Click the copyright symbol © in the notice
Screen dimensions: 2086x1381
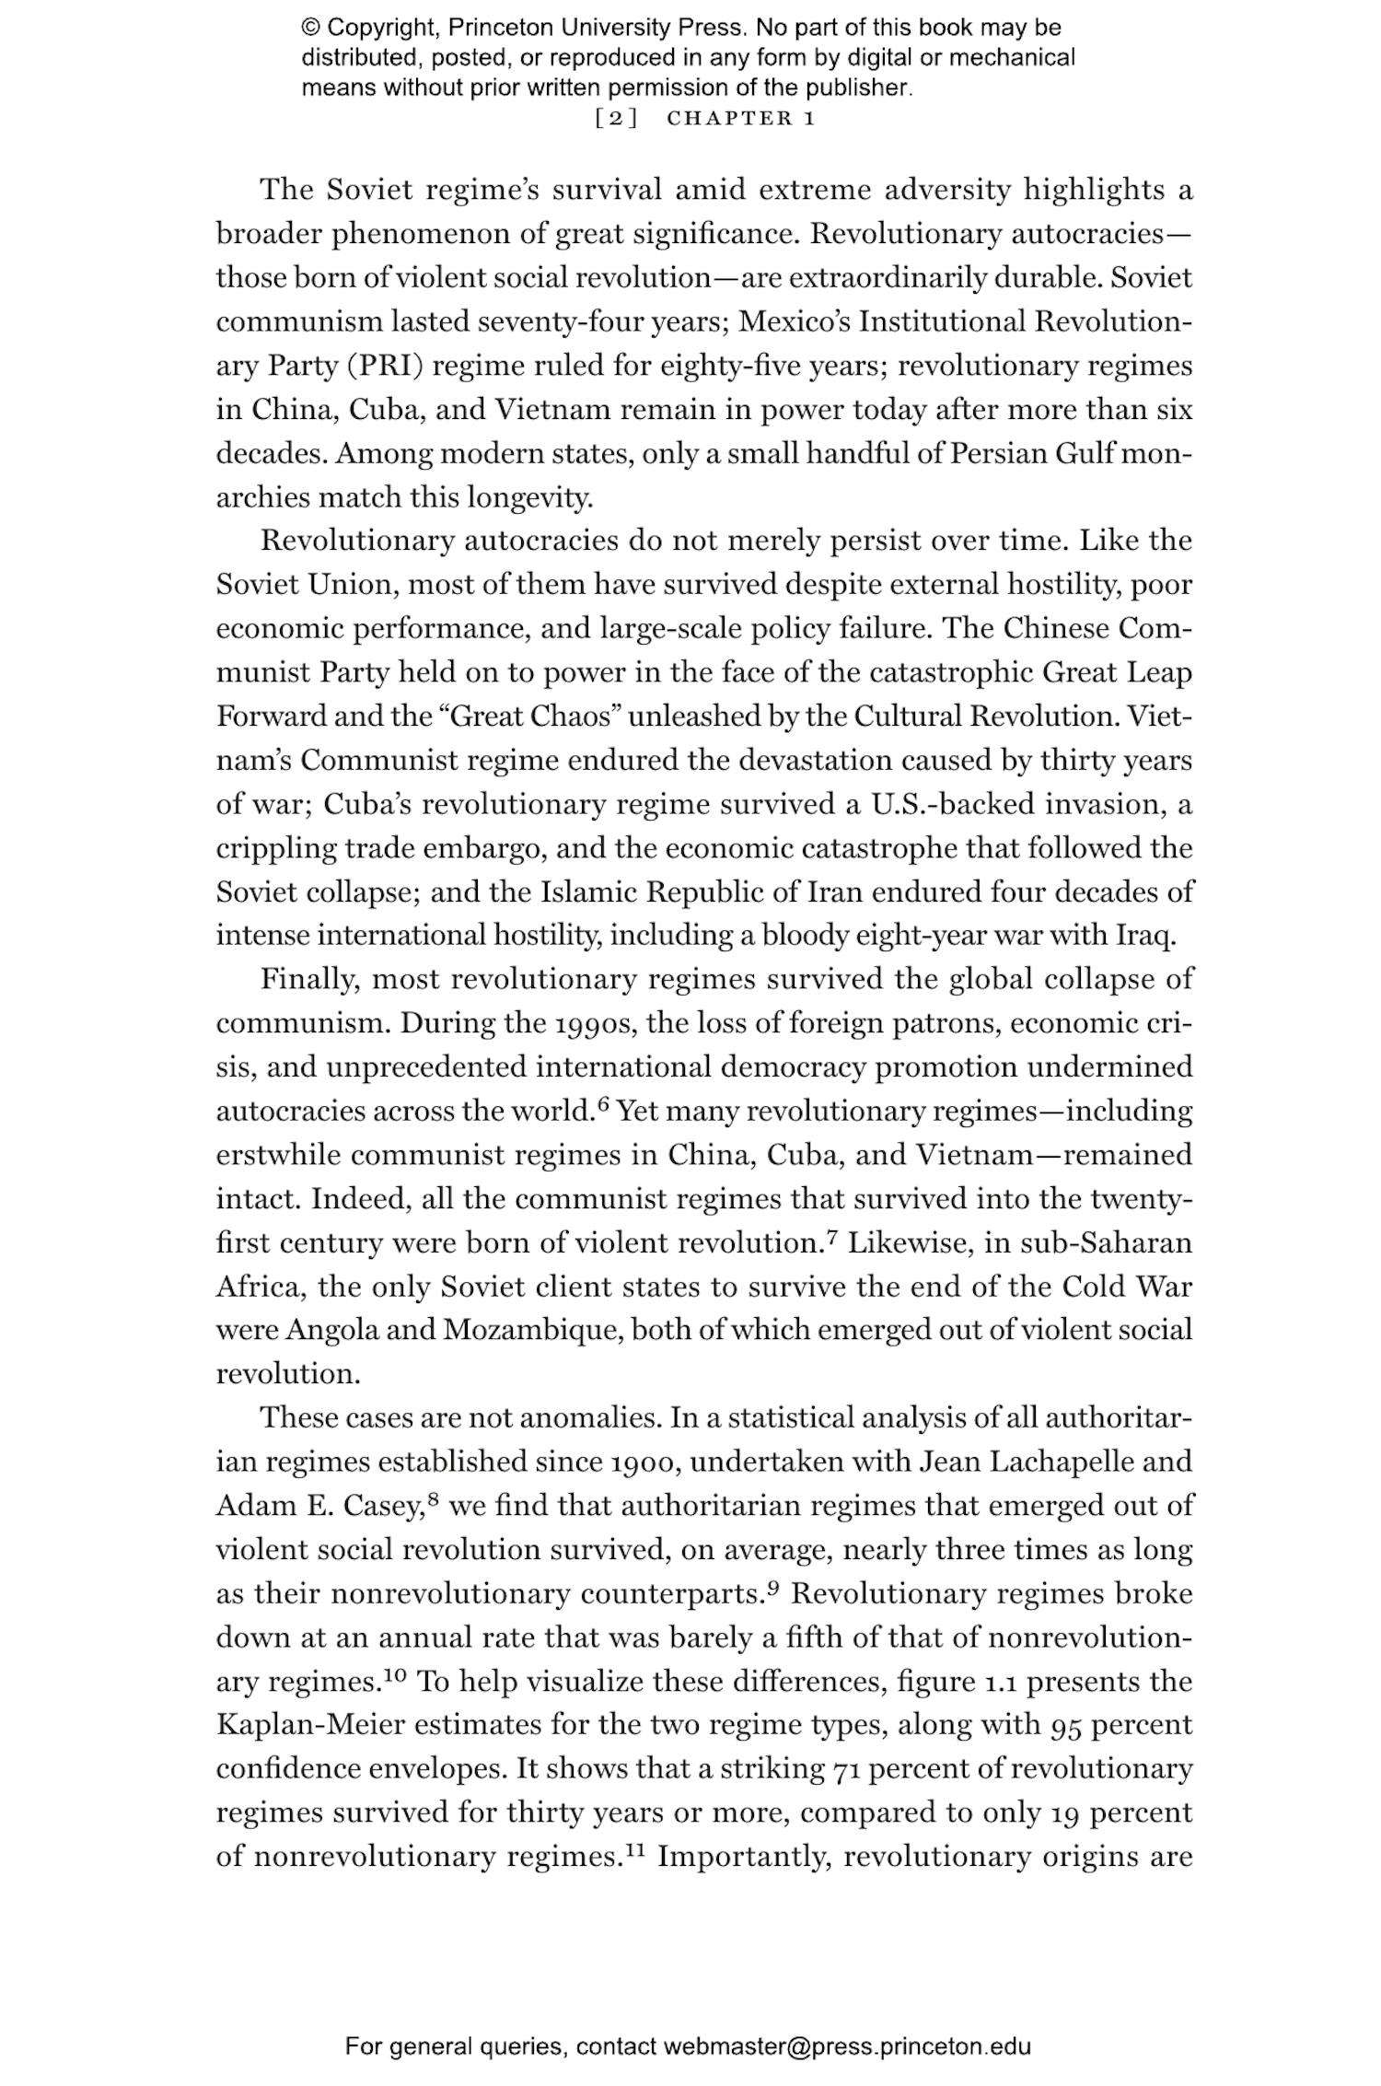pyautogui.click(x=310, y=28)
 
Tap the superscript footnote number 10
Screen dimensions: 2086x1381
pyautogui.click(x=394, y=1675)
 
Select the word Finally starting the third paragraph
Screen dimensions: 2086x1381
pyautogui.click(x=310, y=979)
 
